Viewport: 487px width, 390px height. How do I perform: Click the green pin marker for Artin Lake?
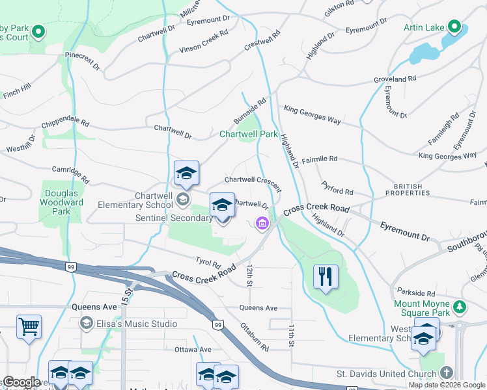(453, 28)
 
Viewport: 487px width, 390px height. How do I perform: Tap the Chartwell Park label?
(248, 135)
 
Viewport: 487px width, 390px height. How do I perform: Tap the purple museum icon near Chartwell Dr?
(262, 224)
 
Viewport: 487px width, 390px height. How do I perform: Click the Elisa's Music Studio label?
(137, 324)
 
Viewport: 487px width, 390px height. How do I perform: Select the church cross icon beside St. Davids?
(446, 373)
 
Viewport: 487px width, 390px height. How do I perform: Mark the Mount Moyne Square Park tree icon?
(460, 305)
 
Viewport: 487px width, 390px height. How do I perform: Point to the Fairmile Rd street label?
(320, 159)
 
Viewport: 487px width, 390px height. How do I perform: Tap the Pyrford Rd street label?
(337, 192)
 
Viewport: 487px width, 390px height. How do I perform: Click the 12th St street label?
(249, 274)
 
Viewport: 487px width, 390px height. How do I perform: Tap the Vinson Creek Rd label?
(204, 40)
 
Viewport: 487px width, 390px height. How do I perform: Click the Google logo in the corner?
(21, 382)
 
